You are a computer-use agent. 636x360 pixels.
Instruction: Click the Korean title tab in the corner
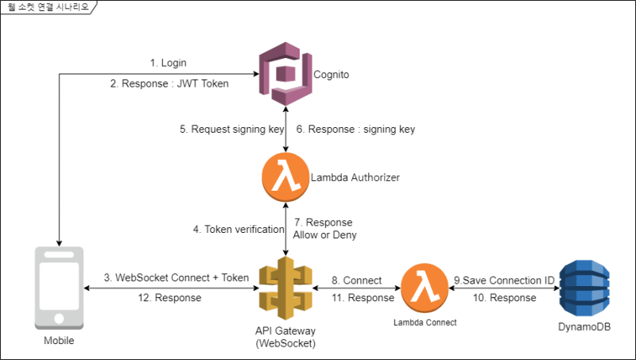click(x=45, y=6)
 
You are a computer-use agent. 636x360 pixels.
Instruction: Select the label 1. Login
click(x=168, y=63)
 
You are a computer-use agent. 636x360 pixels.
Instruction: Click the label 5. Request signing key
click(x=231, y=130)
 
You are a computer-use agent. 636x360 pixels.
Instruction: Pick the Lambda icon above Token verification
click(x=285, y=177)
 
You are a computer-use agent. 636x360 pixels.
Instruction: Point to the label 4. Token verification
click(x=238, y=229)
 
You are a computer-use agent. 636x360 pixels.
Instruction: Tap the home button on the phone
click(x=58, y=318)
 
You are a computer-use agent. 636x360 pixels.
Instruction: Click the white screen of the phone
click(x=58, y=283)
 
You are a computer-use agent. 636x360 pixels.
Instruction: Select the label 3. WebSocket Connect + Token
click(x=176, y=278)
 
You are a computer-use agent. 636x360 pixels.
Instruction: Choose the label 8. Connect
click(x=357, y=281)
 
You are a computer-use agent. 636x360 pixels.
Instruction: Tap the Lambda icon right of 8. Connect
click(x=424, y=287)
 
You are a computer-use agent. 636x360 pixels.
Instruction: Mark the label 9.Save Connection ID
click(x=504, y=281)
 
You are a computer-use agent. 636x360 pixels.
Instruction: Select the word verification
click(x=258, y=229)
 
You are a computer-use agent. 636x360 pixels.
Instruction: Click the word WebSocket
click(x=141, y=278)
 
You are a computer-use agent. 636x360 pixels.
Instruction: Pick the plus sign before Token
click(x=215, y=278)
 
